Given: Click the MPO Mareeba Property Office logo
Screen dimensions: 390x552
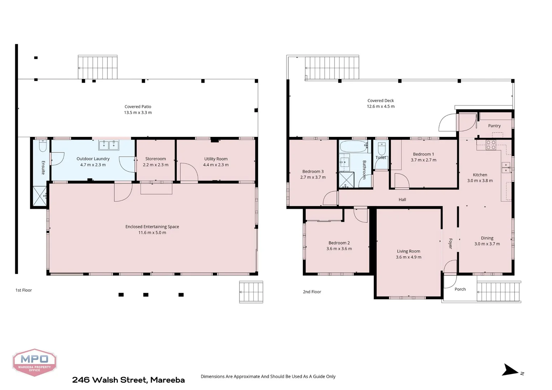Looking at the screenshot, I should coord(34,362).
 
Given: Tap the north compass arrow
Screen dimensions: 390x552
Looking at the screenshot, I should coord(510,370).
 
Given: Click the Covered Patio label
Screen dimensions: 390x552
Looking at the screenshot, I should coord(138,107).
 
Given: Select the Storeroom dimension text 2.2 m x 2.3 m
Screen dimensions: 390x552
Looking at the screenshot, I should coord(155,165).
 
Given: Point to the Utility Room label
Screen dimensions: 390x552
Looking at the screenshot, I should coord(216,159).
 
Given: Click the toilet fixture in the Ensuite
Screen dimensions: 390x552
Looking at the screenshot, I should coord(43,146).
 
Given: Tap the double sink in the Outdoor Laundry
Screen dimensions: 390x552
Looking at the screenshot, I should coord(109,145).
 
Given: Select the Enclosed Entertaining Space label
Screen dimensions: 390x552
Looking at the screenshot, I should coord(152,227).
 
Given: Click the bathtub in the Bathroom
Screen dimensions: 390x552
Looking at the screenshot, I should coord(353,147).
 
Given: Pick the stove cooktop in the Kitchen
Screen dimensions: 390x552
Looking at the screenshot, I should coord(491,145).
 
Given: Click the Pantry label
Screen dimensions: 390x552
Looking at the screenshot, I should coord(494,126).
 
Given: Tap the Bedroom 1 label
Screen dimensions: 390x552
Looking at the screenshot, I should coord(423,154).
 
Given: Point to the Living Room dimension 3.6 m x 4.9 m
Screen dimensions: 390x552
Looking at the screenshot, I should coord(408,257).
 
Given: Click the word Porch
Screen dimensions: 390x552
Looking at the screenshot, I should coord(460,289).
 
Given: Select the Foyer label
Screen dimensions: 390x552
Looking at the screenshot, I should coord(450,243).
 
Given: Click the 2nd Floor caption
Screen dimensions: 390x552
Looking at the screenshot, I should coord(312,292).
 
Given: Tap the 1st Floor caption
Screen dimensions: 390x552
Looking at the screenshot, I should coord(23,290).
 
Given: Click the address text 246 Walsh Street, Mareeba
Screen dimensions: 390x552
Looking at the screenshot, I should coord(128,380).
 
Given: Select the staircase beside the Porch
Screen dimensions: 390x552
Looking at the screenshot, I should coord(499,292).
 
